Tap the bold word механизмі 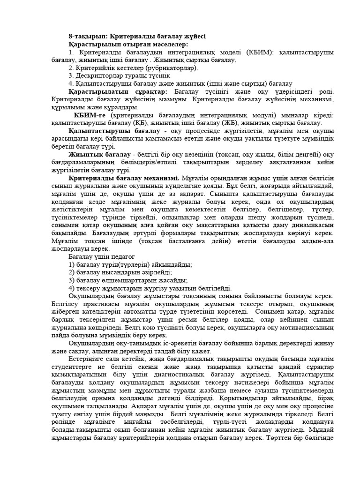[x=158, y=178]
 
